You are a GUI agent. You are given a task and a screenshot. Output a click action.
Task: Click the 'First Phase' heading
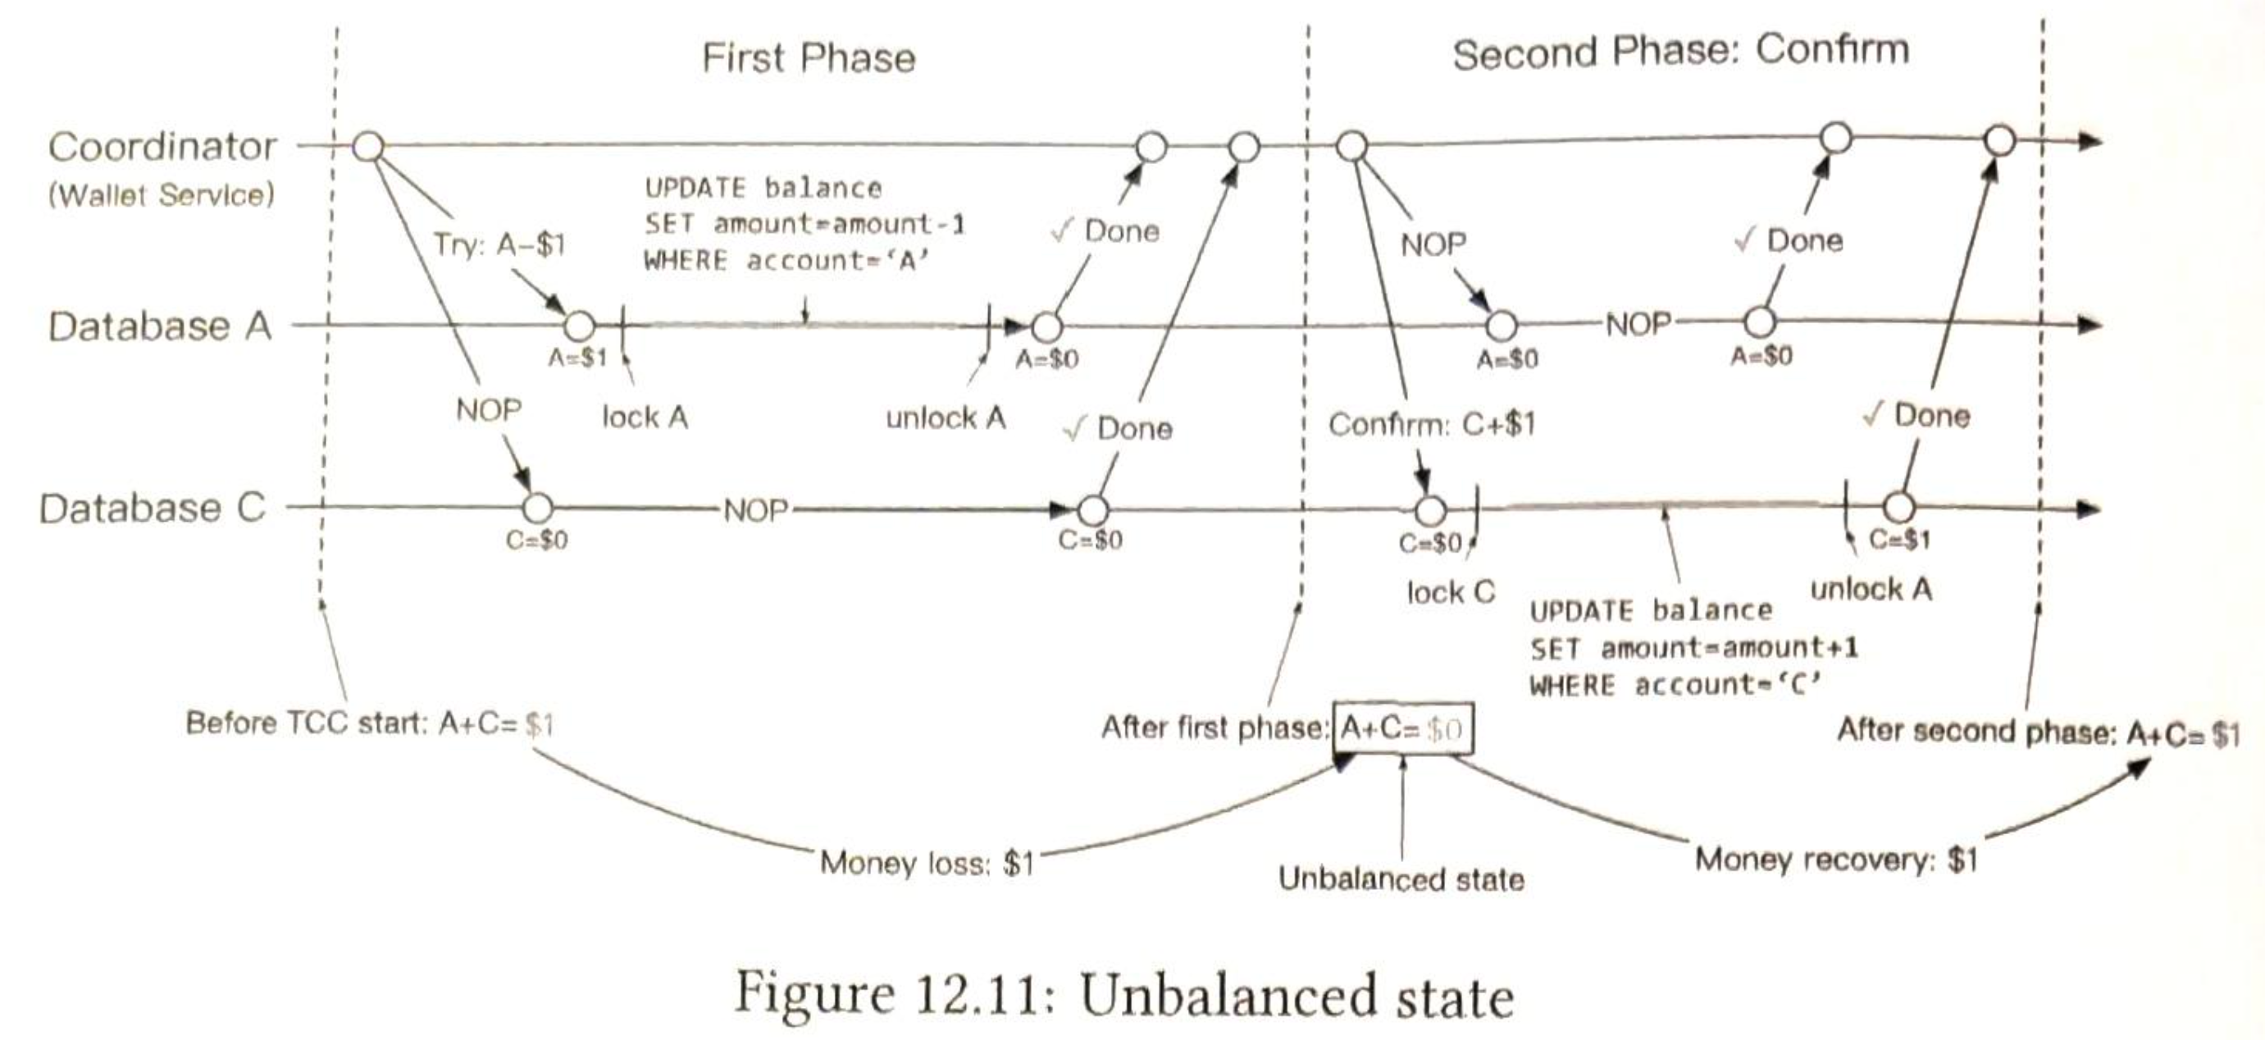pos(808,58)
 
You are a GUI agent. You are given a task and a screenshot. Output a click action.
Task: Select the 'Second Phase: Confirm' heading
pos(1680,52)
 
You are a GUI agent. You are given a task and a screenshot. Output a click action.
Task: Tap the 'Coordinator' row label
pos(162,147)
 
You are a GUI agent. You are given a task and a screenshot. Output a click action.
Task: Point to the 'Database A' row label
pos(159,326)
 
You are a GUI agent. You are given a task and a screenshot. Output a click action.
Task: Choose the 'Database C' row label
pos(151,509)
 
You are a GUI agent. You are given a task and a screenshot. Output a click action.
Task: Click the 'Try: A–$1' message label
pos(498,244)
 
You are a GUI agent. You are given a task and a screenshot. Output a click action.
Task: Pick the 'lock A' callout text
pos(645,417)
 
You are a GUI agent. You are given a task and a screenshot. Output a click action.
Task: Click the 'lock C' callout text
pos(1450,592)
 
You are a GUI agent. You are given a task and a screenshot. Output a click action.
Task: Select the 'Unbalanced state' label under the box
pos(1401,878)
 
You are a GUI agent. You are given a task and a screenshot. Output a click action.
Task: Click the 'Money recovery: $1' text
pos(1836,859)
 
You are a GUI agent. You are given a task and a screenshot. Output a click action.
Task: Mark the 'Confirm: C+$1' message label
pos(1432,425)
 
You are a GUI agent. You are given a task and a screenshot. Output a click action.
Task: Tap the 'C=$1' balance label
pos(1899,540)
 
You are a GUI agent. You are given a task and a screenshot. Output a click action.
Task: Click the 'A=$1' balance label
pos(577,358)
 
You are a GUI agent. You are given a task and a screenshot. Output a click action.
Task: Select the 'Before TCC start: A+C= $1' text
pos(369,723)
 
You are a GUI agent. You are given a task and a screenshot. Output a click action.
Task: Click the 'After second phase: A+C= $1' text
pos(2038,732)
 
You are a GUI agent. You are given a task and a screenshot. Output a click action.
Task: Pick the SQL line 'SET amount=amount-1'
pos(804,224)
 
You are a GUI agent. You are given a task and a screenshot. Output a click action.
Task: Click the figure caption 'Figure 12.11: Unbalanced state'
pos(1123,995)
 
